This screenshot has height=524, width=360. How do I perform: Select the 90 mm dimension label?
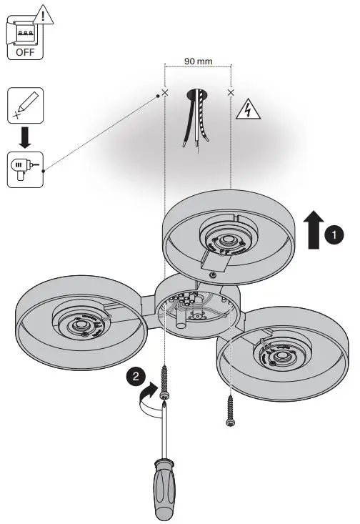pyautogui.click(x=198, y=61)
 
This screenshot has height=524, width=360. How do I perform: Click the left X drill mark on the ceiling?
pyautogui.click(x=165, y=93)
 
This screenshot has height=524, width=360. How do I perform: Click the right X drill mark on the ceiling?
pyautogui.click(x=230, y=92)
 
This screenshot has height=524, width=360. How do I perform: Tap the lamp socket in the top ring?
pyautogui.click(x=226, y=241)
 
